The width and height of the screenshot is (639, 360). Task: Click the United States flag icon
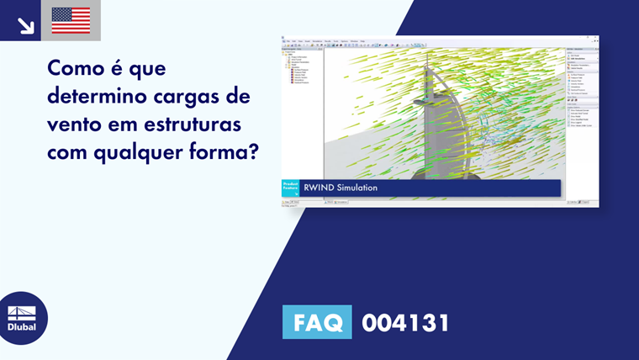click(x=71, y=20)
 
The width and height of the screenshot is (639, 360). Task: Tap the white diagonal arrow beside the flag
click(x=26, y=26)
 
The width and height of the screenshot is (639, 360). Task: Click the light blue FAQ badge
click(x=317, y=322)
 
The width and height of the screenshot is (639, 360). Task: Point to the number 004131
click(x=405, y=322)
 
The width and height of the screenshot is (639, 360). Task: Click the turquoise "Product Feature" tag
click(x=290, y=188)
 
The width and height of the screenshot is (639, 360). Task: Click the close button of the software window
click(x=596, y=38)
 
